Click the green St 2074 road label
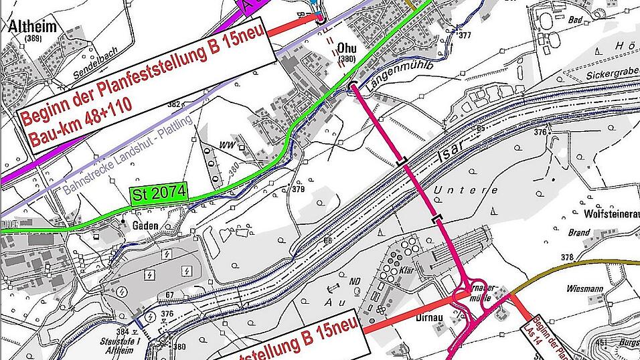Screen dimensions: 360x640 pyautogui.click(x=159, y=194)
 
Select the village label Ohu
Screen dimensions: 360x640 pyautogui.click(x=346, y=49)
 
